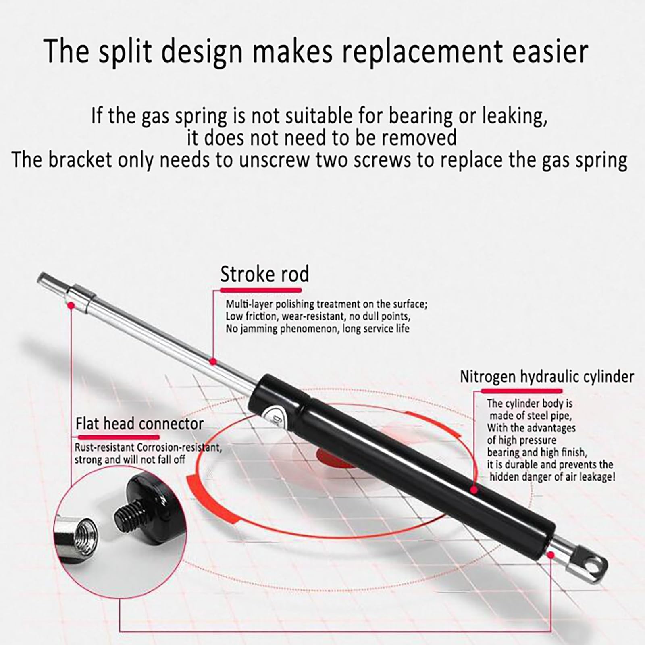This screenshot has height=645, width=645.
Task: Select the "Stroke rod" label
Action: (x=264, y=275)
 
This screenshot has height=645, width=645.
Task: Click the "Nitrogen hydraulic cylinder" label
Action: (x=547, y=377)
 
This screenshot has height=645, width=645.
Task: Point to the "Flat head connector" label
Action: (x=139, y=424)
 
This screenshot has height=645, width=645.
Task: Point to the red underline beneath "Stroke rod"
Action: (x=261, y=290)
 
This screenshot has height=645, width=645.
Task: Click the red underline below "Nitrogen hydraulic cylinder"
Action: (x=521, y=391)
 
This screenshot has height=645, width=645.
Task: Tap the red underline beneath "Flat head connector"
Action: (x=118, y=437)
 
